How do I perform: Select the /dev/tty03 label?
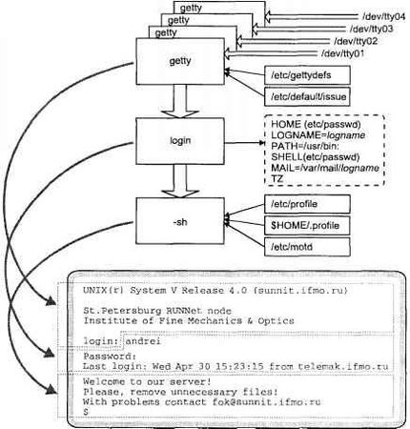tap(373, 29)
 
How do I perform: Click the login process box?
tap(180, 140)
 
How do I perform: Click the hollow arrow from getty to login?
tap(180, 99)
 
